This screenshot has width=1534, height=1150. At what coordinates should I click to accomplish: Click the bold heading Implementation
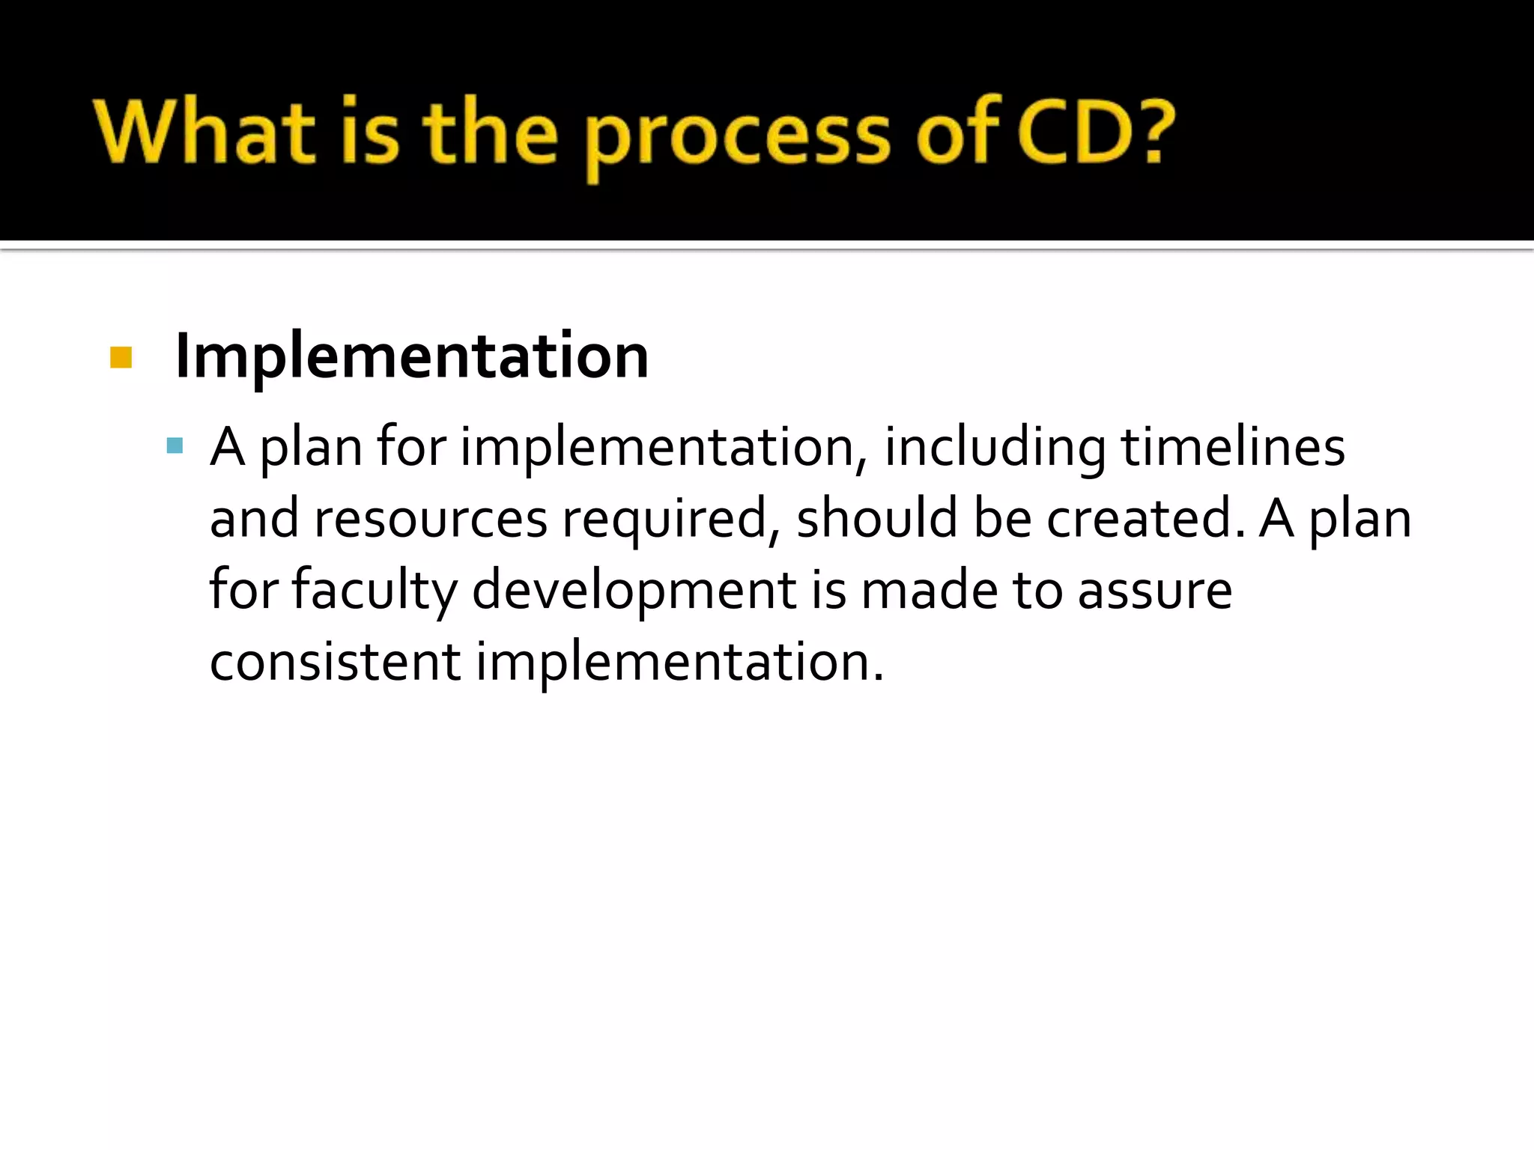[411, 356]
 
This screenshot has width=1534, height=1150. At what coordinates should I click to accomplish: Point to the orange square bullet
[121, 357]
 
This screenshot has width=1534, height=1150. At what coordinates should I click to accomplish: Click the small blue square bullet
[175, 447]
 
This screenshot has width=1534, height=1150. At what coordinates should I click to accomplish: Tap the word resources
[430, 519]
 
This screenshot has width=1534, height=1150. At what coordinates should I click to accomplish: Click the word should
[876, 519]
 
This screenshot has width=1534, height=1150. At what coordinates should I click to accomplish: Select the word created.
[1144, 519]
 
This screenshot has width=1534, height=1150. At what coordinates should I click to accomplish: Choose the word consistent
[335, 662]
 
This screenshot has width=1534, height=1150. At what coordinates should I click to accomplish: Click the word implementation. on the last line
[679, 662]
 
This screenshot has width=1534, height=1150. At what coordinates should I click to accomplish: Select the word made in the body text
[929, 591]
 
